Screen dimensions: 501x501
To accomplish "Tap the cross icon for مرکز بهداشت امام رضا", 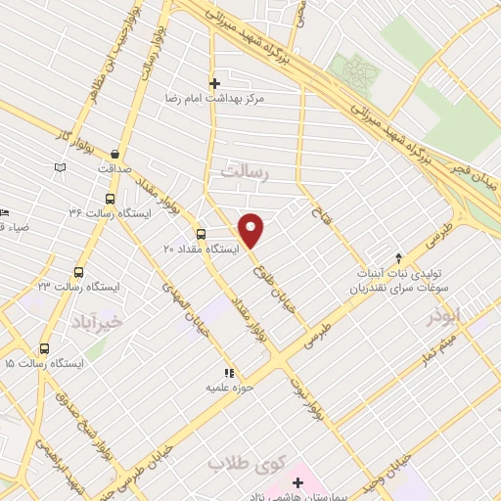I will tap(214, 83).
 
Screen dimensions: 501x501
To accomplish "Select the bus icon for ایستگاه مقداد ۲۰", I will tap(201, 234).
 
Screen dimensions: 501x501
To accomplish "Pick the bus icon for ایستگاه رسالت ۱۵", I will tap(44, 348).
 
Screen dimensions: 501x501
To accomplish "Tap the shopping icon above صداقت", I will tap(115, 154).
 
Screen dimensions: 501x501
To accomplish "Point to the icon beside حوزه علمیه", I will tap(230, 373).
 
